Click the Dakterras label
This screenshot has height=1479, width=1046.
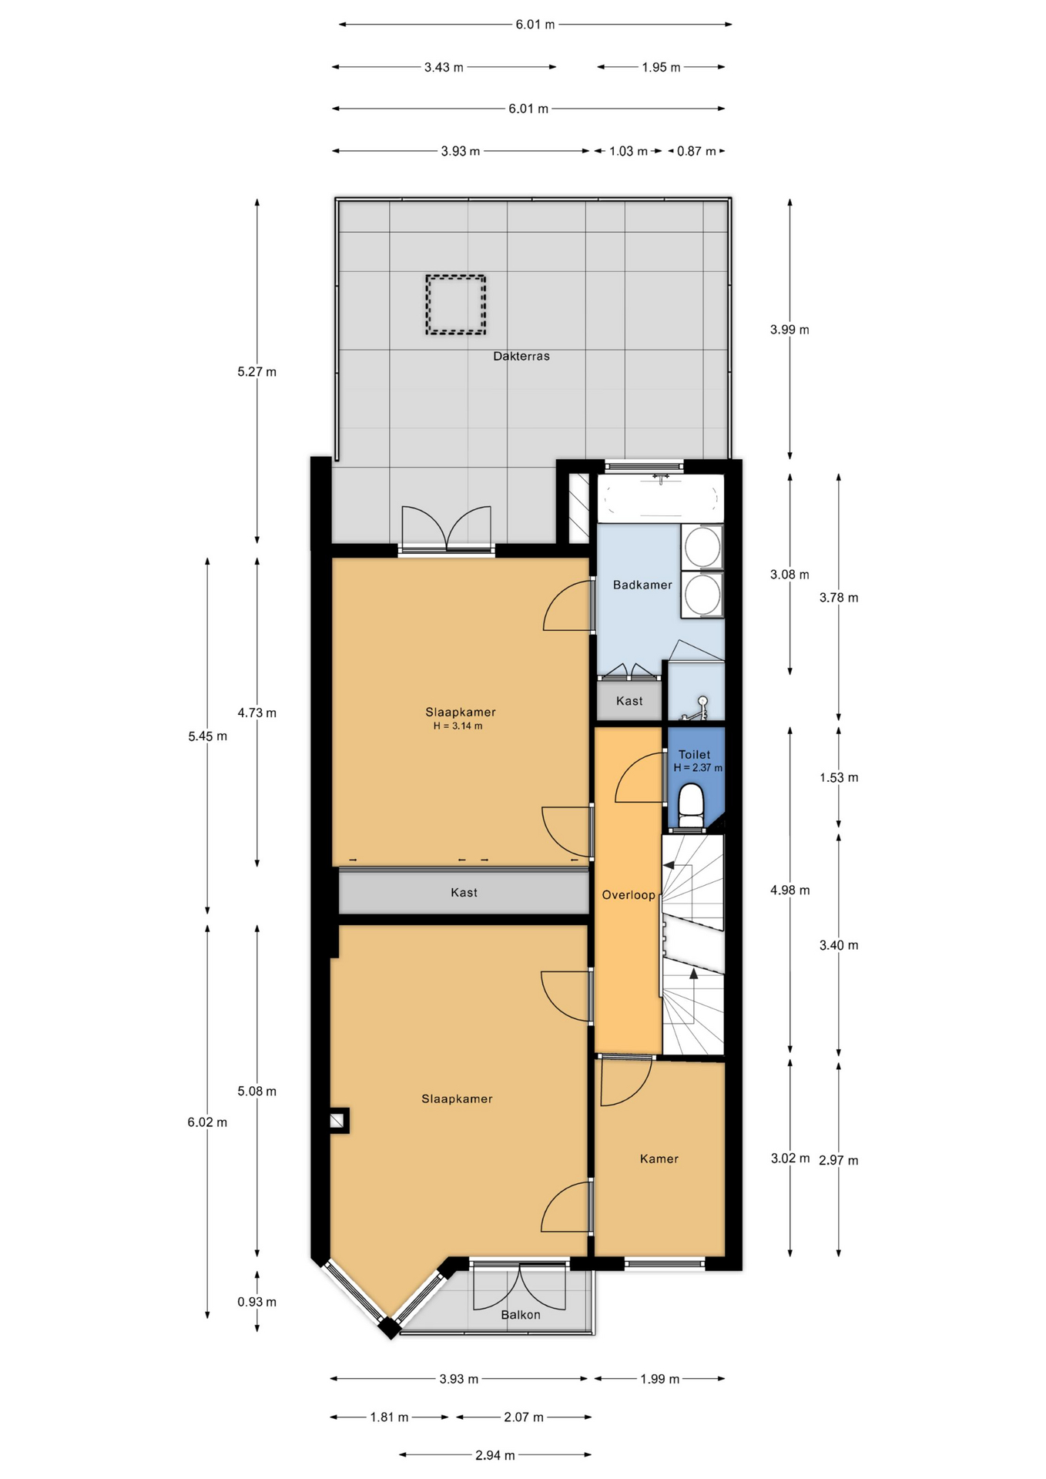(x=521, y=356)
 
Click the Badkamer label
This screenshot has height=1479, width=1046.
(x=642, y=585)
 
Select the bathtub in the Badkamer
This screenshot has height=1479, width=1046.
(x=661, y=497)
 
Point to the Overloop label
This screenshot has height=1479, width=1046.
(x=629, y=894)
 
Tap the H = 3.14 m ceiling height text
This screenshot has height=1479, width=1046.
(x=458, y=726)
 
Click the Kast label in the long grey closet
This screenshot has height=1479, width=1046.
(x=464, y=892)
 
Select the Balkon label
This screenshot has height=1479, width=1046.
(x=521, y=1314)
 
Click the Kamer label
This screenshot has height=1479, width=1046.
(x=659, y=1159)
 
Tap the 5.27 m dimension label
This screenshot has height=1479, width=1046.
(x=257, y=371)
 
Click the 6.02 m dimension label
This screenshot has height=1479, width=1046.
(x=207, y=1122)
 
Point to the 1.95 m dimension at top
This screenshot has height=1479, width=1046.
(x=661, y=67)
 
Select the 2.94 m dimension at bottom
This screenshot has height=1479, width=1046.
(x=495, y=1455)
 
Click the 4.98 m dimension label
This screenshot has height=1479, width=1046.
(x=790, y=890)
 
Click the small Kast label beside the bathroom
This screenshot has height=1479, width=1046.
(x=629, y=701)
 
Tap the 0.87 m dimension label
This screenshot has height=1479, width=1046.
(x=696, y=151)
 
